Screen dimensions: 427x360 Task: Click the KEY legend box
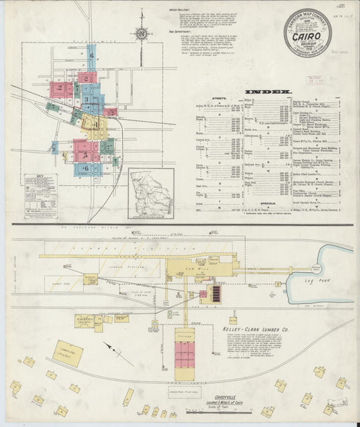39,196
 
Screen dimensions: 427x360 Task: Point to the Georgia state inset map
151,193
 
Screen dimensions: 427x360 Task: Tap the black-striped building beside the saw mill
217,293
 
